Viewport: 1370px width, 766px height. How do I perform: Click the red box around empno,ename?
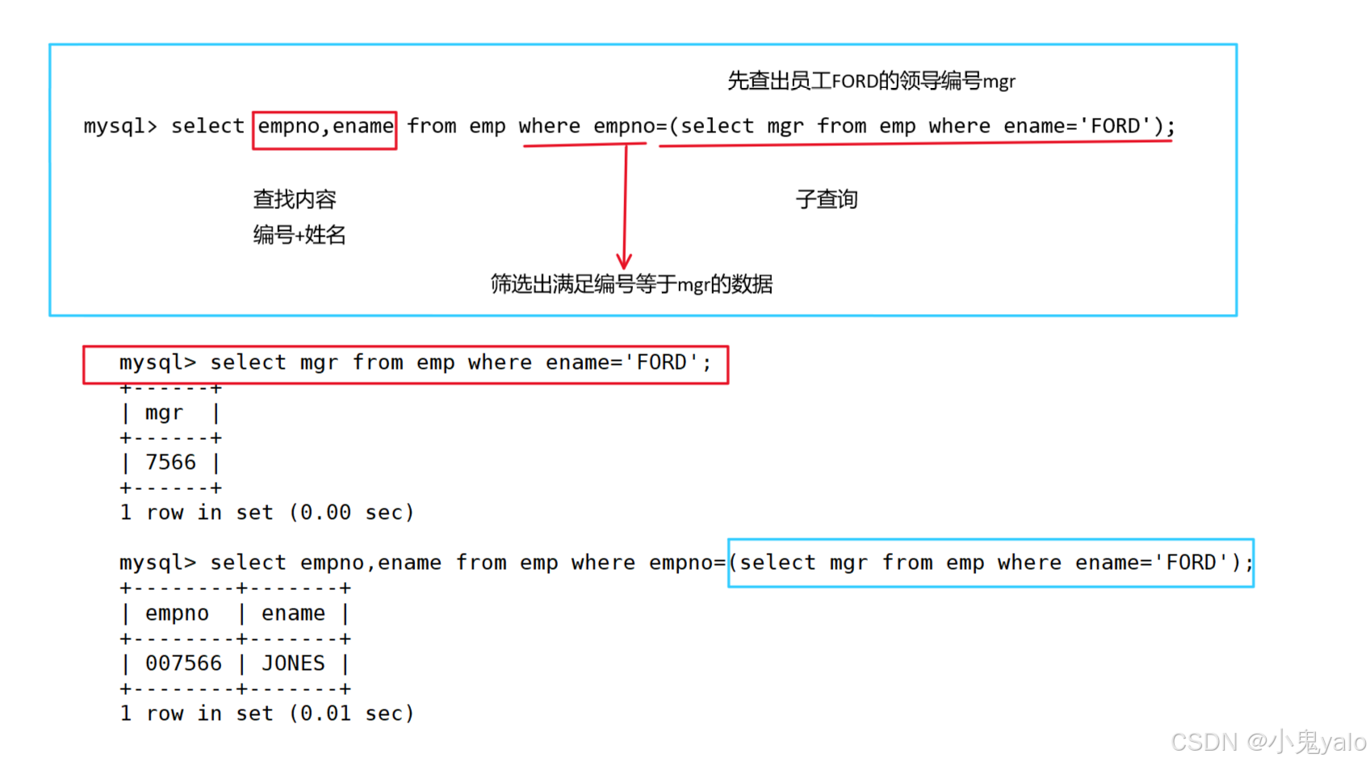click(x=325, y=130)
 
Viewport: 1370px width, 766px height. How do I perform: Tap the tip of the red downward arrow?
click(x=624, y=266)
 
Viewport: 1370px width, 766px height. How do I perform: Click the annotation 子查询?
click(x=826, y=199)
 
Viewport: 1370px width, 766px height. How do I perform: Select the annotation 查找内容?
click(x=294, y=199)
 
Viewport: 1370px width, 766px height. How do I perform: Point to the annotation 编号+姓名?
click(x=299, y=235)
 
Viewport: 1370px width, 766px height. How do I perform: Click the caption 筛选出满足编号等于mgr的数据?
click(x=631, y=284)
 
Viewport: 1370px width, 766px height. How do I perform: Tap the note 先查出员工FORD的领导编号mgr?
click(x=871, y=81)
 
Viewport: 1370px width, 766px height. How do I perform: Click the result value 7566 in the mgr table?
click(x=170, y=463)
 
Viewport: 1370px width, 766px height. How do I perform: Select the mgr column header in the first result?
click(x=164, y=412)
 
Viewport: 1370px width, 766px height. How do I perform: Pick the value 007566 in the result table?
click(x=183, y=663)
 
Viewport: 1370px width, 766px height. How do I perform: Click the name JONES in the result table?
click(x=293, y=663)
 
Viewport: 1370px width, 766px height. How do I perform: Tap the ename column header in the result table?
click(x=293, y=613)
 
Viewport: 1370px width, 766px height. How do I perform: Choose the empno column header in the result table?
click(x=177, y=613)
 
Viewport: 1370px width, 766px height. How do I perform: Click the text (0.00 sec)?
click(x=351, y=513)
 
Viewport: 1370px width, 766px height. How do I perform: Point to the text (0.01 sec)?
click(x=351, y=714)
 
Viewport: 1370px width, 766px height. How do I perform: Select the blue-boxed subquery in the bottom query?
click(x=991, y=563)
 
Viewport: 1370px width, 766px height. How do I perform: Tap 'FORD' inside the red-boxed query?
click(x=662, y=362)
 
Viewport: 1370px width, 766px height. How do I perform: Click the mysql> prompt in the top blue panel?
click(x=120, y=126)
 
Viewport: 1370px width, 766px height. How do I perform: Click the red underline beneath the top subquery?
click(x=915, y=144)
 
